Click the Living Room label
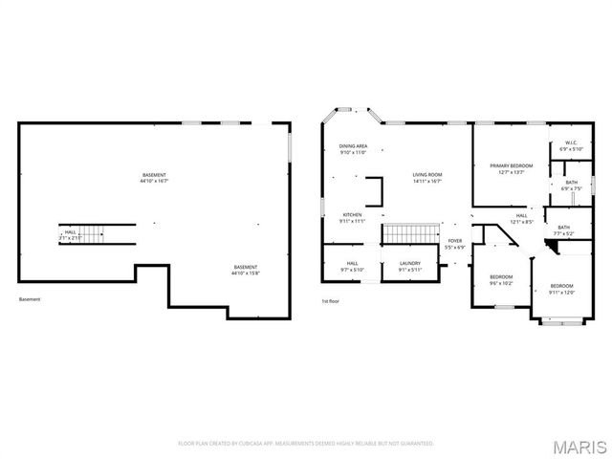pos(427,177)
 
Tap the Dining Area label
pos(353,149)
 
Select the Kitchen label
pos(353,217)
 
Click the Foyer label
pos(455,244)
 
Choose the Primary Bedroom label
pos(512,168)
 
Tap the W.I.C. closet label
pos(570,146)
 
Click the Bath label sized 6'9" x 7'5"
pos(571,185)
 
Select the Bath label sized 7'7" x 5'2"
pos(563,229)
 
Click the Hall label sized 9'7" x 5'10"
pos(352,266)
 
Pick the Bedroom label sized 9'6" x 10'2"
pos(501,280)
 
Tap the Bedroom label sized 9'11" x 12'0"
pos(560,289)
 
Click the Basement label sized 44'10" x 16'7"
pos(154,178)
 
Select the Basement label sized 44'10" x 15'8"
pos(246,270)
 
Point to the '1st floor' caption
pos(331,300)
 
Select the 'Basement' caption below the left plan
pos(30,300)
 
